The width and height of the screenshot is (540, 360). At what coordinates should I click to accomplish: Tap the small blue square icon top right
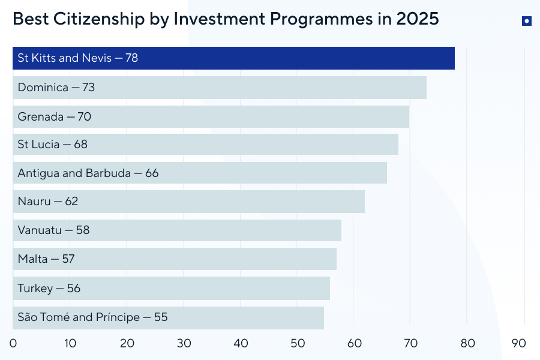(526, 21)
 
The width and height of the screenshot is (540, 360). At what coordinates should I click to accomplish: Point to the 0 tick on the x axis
(13, 343)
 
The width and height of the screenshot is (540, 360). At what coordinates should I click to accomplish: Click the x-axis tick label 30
(184, 343)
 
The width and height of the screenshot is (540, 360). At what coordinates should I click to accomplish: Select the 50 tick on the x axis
(298, 343)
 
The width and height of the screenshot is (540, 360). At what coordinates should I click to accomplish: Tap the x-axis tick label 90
(518, 343)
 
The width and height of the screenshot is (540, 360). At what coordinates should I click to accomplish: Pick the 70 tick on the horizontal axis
(411, 343)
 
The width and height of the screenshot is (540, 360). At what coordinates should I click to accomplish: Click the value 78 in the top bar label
(132, 58)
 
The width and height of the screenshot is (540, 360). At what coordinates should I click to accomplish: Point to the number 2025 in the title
(418, 19)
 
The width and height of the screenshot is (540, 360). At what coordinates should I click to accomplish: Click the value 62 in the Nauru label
(71, 202)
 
